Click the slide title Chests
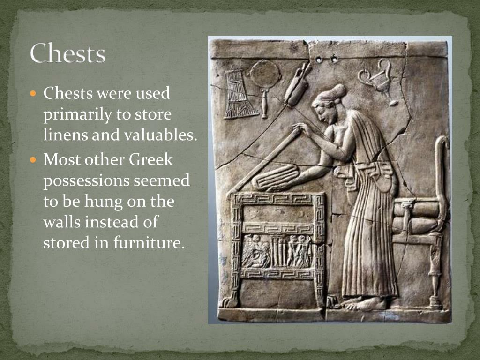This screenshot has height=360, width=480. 67,53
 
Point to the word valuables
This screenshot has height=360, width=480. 159,135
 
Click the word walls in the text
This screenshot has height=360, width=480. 61,222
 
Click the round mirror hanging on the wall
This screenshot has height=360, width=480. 265,75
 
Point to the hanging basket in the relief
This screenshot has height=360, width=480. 239,94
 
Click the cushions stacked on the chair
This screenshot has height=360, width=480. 414,216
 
